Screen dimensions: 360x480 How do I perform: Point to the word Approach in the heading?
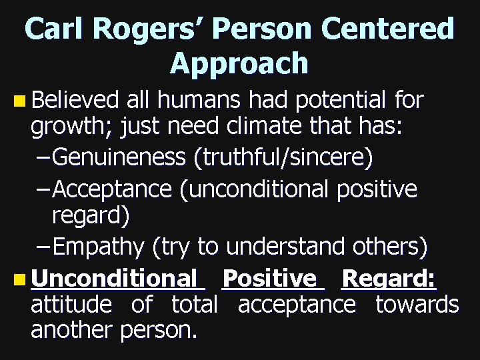239,63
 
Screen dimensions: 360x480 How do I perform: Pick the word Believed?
75,101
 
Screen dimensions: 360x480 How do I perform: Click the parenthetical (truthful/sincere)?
283,158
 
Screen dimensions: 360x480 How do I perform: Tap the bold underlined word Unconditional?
113,278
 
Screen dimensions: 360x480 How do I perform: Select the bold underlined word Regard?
389,278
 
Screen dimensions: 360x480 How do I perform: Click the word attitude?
71,305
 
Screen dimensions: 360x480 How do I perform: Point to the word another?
73,331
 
